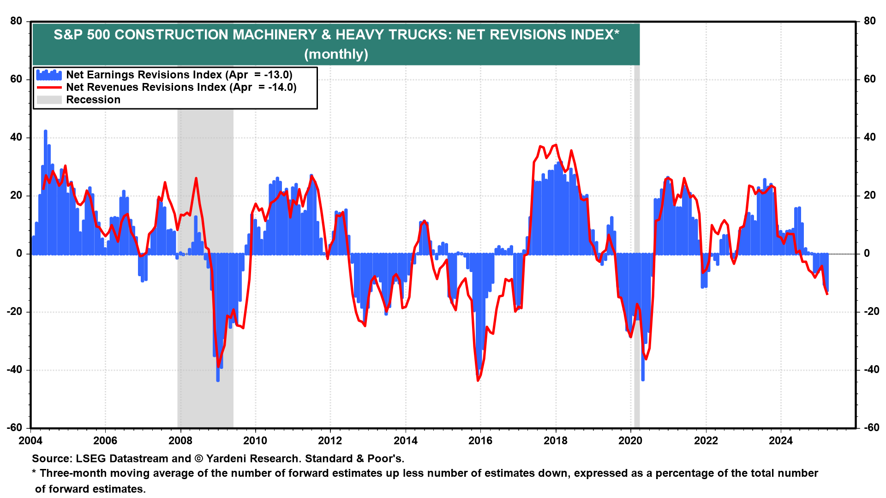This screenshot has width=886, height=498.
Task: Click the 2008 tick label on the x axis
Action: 180,441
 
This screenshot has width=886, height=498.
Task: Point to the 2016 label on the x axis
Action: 480,441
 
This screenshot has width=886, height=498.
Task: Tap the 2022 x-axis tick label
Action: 706,441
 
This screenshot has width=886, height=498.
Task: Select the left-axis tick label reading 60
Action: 17,79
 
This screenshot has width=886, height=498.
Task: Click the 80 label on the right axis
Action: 869,21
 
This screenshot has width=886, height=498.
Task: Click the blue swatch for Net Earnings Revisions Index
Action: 49,75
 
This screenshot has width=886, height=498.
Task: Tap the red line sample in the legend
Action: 49,87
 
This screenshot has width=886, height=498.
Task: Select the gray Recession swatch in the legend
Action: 49,100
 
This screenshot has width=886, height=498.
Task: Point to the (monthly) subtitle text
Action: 336,54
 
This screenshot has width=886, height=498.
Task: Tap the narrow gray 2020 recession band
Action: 637,323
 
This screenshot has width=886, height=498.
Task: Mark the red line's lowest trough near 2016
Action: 478,380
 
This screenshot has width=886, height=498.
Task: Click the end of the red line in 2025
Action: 827,294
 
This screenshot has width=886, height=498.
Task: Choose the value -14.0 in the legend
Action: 282,87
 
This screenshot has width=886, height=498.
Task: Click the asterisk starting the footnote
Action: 34,473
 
